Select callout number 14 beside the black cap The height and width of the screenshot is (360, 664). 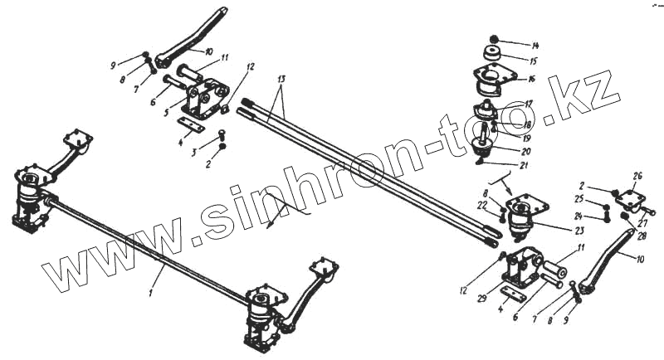point(535,44)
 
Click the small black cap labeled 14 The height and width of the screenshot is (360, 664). point(494,39)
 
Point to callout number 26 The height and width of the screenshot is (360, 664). point(637,176)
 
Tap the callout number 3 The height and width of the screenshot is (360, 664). point(194,153)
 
